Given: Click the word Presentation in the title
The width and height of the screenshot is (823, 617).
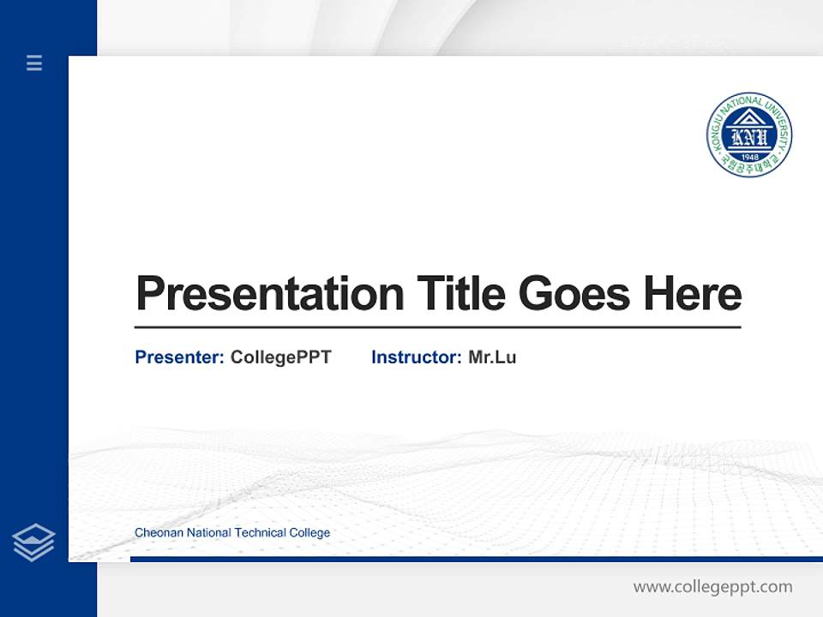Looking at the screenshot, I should click(x=269, y=295).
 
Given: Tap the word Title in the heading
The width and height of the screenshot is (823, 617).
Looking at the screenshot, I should click(x=460, y=294).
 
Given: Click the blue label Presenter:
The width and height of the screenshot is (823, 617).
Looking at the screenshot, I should click(x=179, y=357).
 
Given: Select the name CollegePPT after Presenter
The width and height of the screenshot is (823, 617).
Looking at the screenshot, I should click(x=280, y=357).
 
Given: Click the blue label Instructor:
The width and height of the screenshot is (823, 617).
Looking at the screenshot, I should click(x=416, y=357).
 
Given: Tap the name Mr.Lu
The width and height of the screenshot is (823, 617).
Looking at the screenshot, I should click(x=492, y=357).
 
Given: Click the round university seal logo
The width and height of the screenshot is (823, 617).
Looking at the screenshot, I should click(x=748, y=135).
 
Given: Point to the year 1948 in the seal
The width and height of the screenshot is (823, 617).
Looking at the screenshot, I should click(x=749, y=157).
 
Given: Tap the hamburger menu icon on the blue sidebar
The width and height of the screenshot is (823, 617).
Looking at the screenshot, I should click(x=34, y=63).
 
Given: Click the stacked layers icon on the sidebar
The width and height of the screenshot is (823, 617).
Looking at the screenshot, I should click(x=33, y=542).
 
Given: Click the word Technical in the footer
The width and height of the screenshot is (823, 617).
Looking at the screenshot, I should click(x=260, y=533).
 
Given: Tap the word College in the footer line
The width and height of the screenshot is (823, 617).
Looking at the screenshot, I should click(x=309, y=533).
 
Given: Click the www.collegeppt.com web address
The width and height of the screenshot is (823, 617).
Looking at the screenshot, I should click(x=712, y=587).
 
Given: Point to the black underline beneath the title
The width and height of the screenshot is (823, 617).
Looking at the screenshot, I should click(x=437, y=327).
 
